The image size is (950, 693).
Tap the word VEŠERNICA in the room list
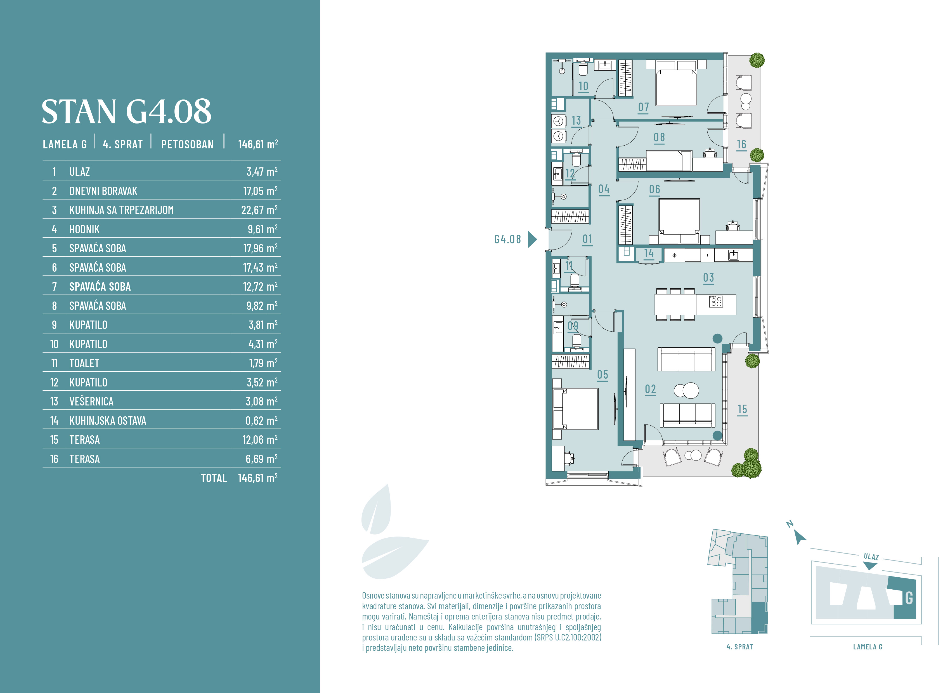click(x=91, y=402)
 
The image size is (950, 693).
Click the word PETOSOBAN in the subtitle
click(x=188, y=144)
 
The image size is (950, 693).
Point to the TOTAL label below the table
click(x=214, y=478)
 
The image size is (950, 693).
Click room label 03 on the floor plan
click(x=708, y=278)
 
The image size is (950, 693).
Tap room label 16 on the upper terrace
click(x=741, y=144)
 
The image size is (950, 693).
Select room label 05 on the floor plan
click(x=602, y=375)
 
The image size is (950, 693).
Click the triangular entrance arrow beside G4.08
click(x=532, y=239)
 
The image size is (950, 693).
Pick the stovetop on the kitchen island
click(x=716, y=301)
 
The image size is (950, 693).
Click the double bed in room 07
click(x=676, y=87)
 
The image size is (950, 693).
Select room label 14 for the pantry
click(x=649, y=253)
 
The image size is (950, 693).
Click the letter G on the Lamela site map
click(x=909, y=598)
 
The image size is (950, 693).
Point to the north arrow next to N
click(x=800, y=537)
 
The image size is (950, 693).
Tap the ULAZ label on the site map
click(x=871, y=557)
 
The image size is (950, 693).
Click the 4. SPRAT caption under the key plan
click(x=740, y=647)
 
